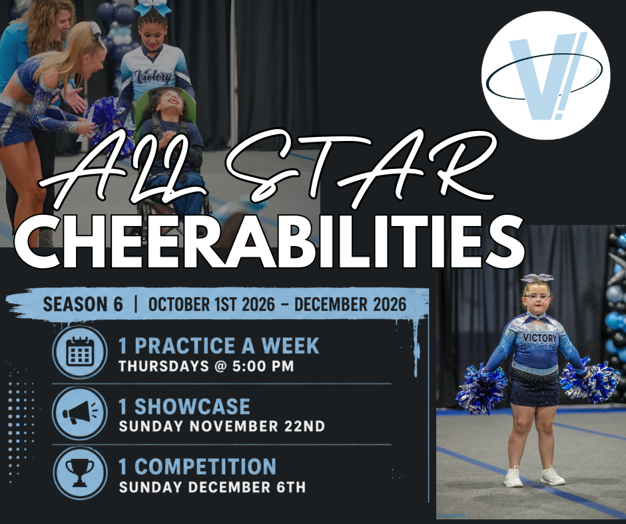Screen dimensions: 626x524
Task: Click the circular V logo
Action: (546, 75)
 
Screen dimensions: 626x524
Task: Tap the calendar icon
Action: (80, 352)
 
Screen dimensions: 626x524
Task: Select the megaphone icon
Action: (80, 413)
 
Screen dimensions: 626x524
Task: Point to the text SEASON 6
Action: (83, 305)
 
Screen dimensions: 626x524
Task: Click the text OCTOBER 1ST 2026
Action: (212, 305)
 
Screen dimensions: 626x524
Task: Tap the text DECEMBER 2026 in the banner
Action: (350, 305)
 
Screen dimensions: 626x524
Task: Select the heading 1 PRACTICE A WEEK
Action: (219, 345)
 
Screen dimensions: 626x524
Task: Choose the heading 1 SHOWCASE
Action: (184, 406)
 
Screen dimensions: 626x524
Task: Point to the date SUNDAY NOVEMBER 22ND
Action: (222, 426)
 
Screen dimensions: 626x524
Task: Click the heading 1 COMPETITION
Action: (197, 467)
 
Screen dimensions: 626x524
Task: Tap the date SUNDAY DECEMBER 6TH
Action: (212, 487)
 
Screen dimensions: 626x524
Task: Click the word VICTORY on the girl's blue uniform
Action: (539, 338)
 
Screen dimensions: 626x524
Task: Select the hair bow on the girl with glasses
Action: (537, 278)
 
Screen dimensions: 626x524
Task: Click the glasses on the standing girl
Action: (536, 297)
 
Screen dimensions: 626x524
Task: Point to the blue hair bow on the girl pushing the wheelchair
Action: (152, 7)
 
